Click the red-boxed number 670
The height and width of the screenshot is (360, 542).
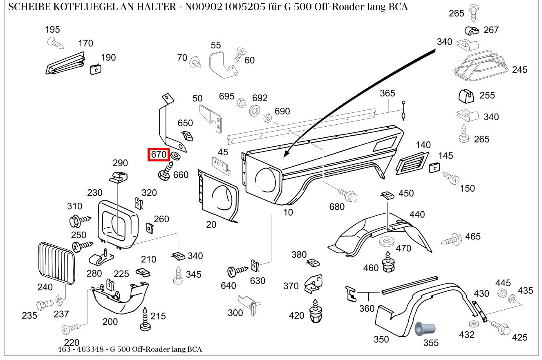click(x=159, y=154)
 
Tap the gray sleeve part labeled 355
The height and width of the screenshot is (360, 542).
click(x=424, y=329)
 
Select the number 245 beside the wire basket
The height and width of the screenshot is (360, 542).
click(x=520, y=69)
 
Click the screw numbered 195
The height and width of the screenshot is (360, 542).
click(x=55, y=42)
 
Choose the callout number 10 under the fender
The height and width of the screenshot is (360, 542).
click(x=288, y=212)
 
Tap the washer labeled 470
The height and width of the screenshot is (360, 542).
click(x=386, y=241)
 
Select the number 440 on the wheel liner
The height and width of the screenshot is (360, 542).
click(x=417, y=214)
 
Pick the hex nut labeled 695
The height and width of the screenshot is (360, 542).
click(x=241, y=103)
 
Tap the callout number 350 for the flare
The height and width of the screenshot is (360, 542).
click(x=381, y=340)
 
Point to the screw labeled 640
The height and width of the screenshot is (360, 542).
click(x=237, y=270)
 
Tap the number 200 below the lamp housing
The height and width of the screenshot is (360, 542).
click(x=110, y=322)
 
